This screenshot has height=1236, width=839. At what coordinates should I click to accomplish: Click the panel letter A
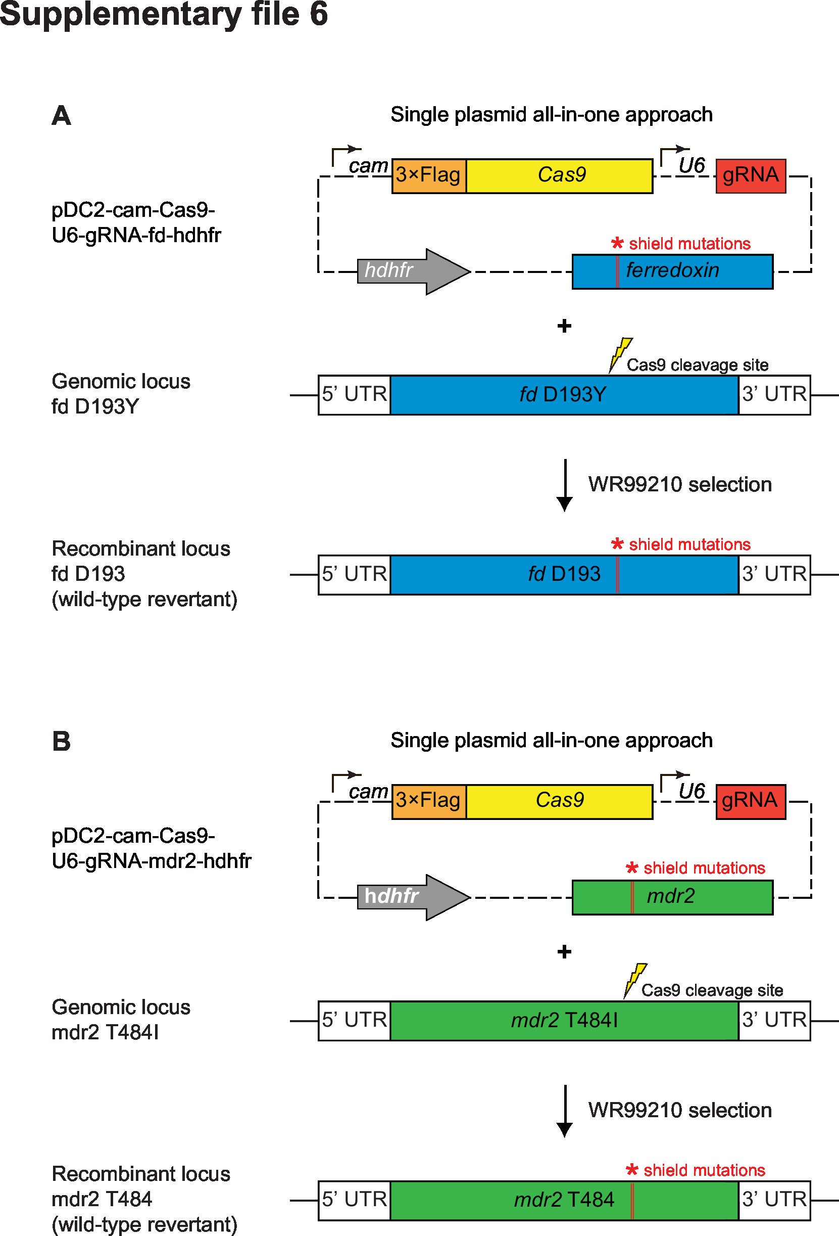(61, 115)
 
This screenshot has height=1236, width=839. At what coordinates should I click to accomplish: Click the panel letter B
(61, 741)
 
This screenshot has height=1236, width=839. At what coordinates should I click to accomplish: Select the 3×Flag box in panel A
(429, 175)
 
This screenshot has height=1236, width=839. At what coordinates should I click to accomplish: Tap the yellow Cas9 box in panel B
(559, 801)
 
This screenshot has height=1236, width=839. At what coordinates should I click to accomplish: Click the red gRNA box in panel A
(750, 175)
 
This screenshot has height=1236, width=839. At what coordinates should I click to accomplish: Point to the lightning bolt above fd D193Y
(620, 354)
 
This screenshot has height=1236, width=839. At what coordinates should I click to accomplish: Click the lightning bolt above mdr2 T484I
(634, 980)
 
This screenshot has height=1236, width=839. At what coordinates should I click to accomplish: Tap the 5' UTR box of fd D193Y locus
(355, 395)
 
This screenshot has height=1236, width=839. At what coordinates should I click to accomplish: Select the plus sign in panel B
(564, 951)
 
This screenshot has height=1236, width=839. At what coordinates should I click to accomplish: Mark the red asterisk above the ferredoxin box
(617, 244)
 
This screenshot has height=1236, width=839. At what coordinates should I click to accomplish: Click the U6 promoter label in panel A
(692, 166)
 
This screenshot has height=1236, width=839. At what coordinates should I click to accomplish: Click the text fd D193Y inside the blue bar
(563, 395)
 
